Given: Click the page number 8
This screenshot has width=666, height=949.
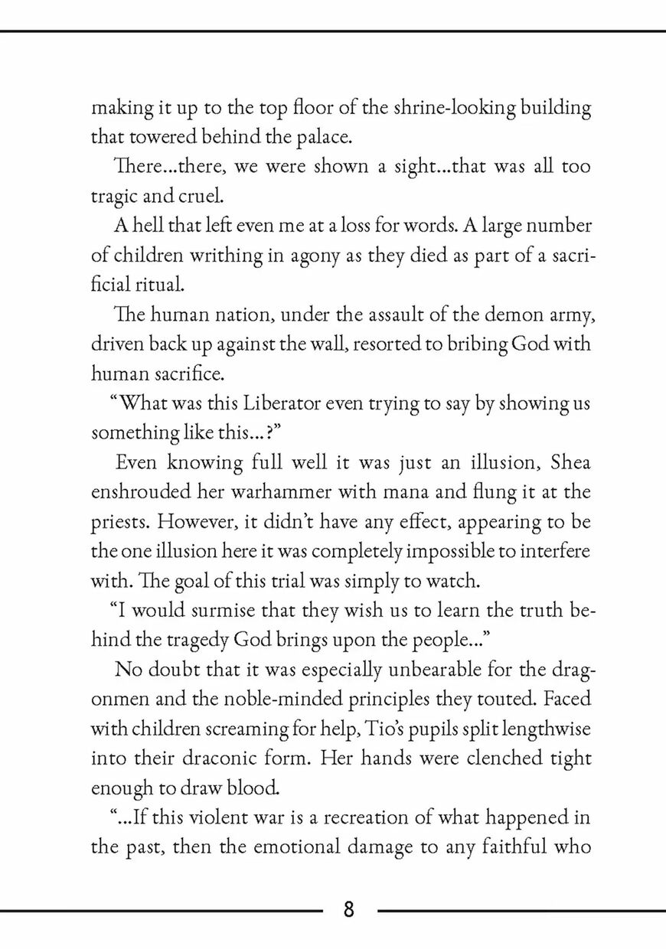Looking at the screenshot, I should [348, 910].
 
